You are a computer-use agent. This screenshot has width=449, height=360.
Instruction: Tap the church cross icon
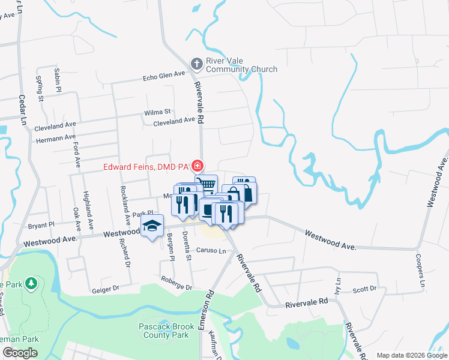click(196, 64)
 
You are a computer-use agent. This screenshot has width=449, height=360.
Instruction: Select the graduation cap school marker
click(152, 226)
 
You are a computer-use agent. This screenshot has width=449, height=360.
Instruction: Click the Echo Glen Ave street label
click(164, 76)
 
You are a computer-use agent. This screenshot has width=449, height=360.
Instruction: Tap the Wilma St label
click(157, 112)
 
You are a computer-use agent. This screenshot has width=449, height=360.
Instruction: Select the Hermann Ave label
click(55, 138)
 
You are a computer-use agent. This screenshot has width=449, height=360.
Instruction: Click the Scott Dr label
click(364, 289)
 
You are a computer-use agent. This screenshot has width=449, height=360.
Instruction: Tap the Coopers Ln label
click(421, 269)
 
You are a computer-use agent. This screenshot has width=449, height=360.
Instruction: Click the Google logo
click(20, 353)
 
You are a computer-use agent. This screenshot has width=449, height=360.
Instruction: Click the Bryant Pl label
click(41, 225)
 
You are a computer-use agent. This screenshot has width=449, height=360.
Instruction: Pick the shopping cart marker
click(207, 184)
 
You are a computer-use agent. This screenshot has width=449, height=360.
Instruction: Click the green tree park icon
click(30, 283)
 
